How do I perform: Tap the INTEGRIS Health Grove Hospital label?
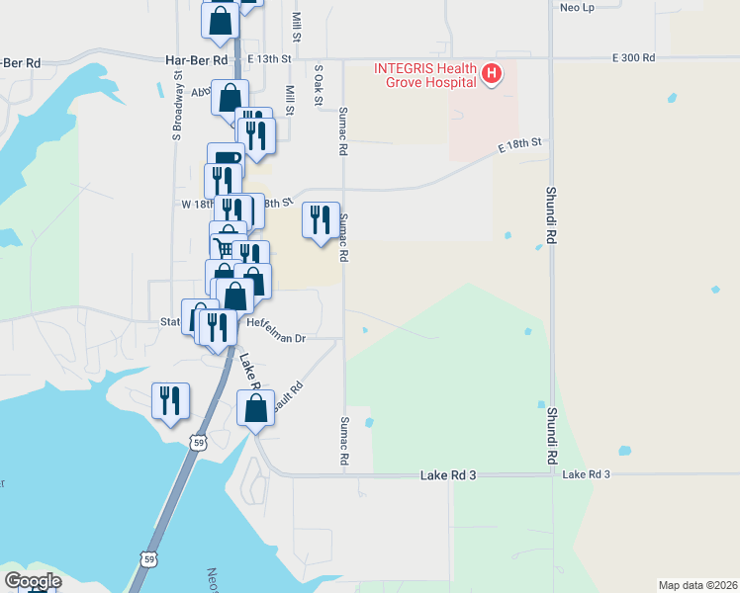click(x=425, y=75)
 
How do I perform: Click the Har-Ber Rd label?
click(x=198, y=59)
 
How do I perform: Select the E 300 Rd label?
click(x=633, y=58)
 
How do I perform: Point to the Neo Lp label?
click(x=576, y=7)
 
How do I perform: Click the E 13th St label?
click(x=270, y=59)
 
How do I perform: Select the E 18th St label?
click(x=521, y=144)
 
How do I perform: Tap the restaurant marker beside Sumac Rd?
click(x=320, y=220)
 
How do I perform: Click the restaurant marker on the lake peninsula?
click(x=170, y=401)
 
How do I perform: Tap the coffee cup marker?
click(x=226, y=161)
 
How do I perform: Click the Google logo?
click(x=33, y=581)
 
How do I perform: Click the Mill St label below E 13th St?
click(x=290, y=101)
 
